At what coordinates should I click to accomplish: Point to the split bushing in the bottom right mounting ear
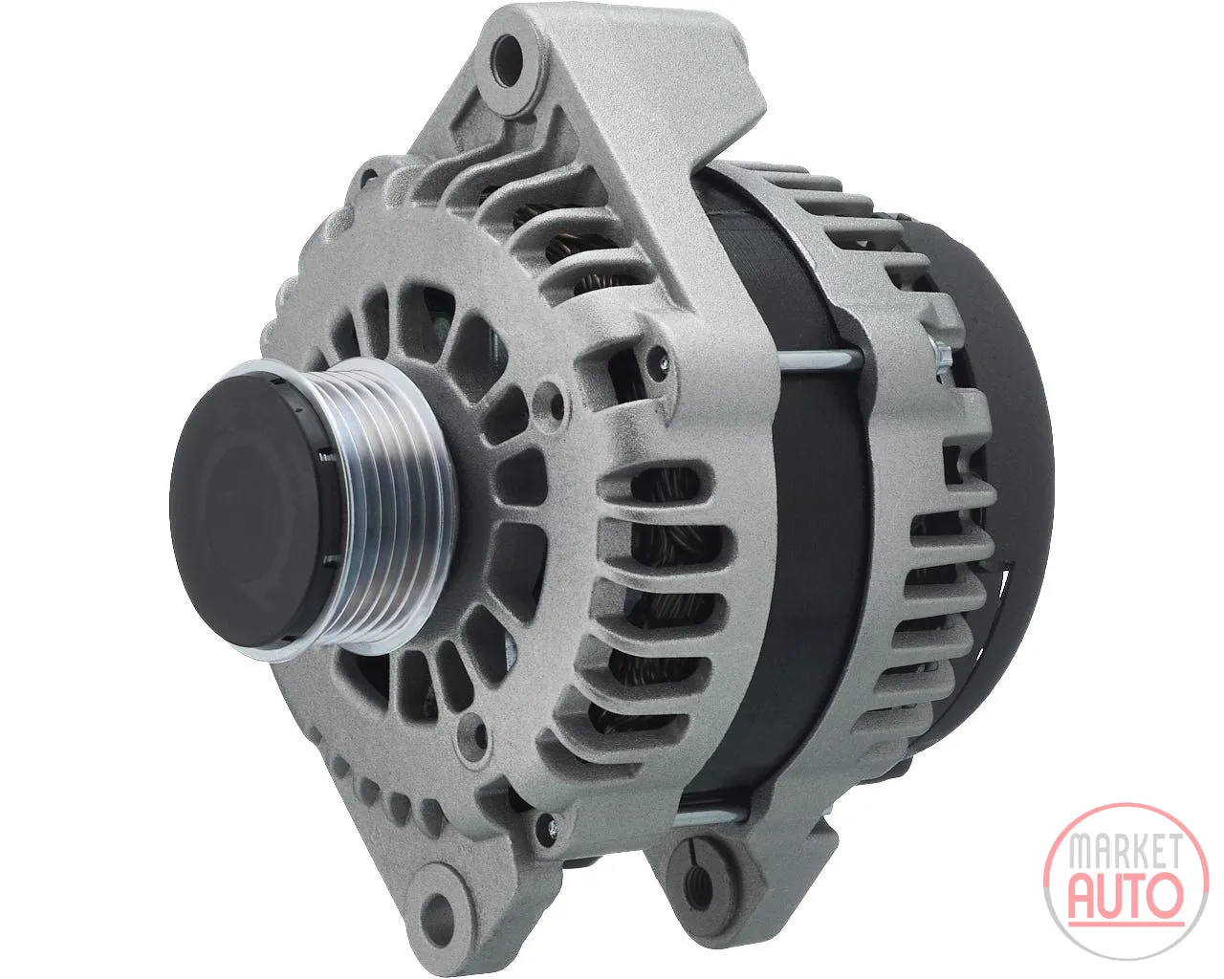pos(698,887)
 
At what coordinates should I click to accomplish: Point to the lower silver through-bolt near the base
pos(710,819)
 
